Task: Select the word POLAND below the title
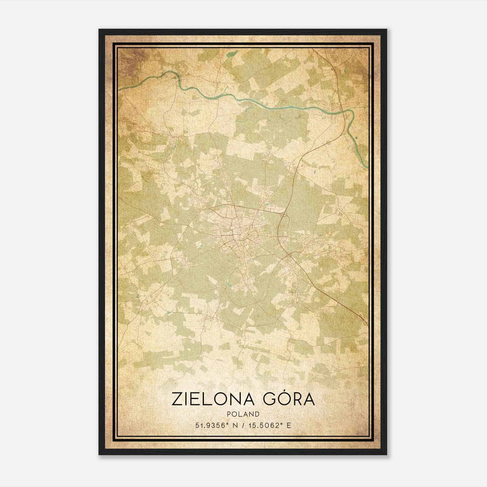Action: (243, 414)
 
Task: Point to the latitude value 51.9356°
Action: (212, 425)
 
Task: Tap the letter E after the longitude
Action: (289, 425)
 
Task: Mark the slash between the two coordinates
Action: (243, 425)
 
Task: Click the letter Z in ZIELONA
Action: (177, 399)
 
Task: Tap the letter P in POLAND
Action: (228, 414)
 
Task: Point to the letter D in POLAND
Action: (258, 414)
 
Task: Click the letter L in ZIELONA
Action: (208, 399)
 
